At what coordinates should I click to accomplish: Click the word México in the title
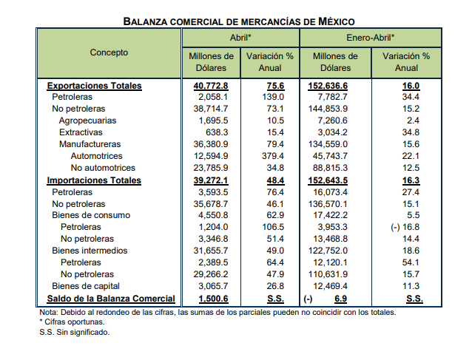pos(337,21)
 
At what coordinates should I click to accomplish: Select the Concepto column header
pos(109,52)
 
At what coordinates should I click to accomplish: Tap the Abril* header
pos(240,38)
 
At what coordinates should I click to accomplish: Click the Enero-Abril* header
pos(370,38)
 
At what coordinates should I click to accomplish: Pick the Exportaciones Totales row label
pos(94,86)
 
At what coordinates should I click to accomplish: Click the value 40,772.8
pos(211,86)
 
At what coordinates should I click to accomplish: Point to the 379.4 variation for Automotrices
pos(273,156)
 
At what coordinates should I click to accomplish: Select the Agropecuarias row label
pos(87,120)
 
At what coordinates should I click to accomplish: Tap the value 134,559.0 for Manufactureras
pos(328,144)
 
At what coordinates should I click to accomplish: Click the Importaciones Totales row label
pos(94,180)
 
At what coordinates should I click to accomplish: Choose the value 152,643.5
pos(328,180)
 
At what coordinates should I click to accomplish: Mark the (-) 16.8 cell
pos(405,227)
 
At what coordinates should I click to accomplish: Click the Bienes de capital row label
pos(86,286)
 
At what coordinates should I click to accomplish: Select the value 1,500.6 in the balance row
pos(213,299)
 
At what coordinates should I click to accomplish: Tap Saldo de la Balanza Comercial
pos(111,299)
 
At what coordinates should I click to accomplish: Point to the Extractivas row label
pos(81,132)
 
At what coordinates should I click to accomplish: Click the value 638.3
pos(217,132)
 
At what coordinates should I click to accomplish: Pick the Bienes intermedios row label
pos(90,251)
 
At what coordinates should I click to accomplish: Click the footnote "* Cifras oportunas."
pos(72,322)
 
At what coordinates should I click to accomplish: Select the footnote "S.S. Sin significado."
pos(75,333)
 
